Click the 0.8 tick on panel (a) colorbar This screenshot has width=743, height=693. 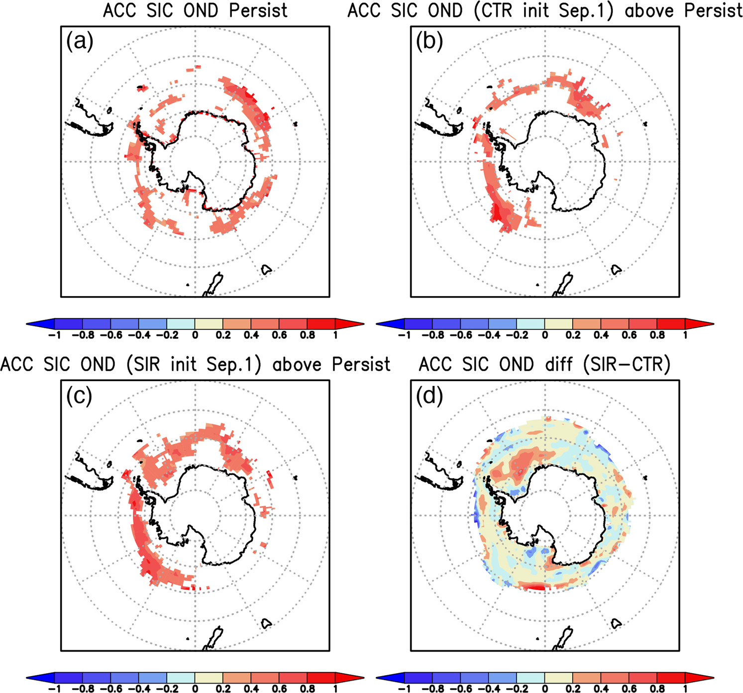click(308, 335)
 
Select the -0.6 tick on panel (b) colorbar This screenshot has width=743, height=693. click(461, 335)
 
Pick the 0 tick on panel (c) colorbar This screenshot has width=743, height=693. click(195, 689)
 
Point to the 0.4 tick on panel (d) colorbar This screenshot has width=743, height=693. click(601, 689)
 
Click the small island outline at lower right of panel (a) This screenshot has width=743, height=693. click(267, 270)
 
